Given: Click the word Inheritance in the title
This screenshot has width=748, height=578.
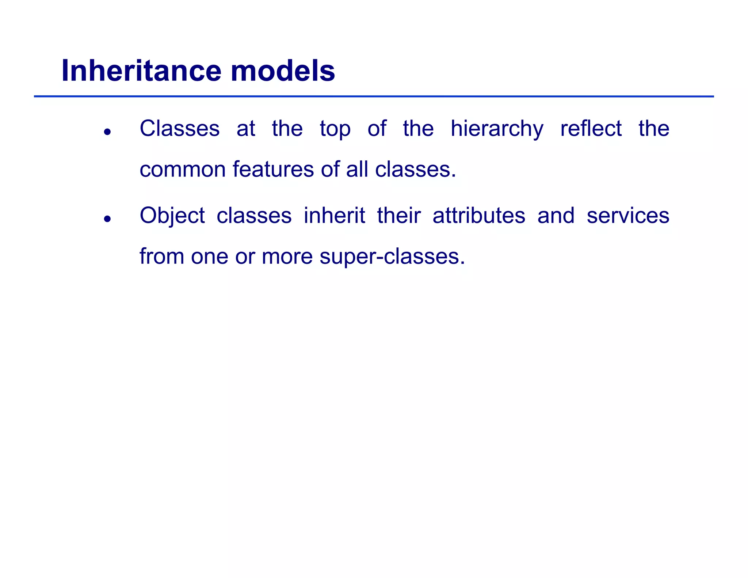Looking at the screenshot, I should point(141,71).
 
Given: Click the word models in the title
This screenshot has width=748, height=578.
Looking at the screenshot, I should point(283,71).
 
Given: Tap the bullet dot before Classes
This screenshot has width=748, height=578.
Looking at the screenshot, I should point(107,132).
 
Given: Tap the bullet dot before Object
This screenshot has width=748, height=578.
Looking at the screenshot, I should point(107,219).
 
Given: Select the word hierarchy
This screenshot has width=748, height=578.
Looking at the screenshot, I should point(497,129).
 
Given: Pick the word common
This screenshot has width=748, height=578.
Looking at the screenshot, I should point(182,170).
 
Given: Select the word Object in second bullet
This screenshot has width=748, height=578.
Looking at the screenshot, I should point(172,216).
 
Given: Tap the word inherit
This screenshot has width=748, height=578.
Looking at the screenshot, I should point(334,215).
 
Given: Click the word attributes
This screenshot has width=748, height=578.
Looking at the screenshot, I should point(478,215).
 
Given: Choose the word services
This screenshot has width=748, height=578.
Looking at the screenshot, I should point(628,215).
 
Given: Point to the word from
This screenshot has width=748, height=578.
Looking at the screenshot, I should point(161,256).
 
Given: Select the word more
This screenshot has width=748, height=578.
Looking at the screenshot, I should point(287,257).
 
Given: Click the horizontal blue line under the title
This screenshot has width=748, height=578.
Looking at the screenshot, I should point(374,96).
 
